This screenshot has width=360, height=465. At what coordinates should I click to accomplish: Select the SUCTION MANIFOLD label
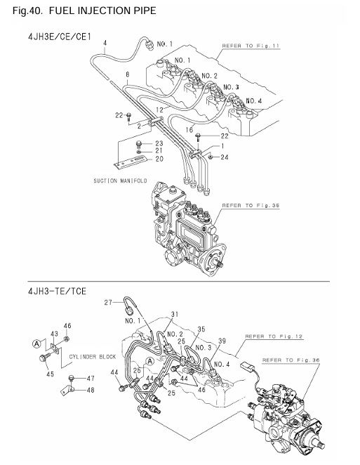pos(120,180)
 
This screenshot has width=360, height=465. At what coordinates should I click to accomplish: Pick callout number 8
pos(126,74)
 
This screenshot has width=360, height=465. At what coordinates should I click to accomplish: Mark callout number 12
pos(160,110)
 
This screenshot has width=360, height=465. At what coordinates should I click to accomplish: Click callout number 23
pos(159,143)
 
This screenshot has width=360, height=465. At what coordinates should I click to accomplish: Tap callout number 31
pos(175,314)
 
